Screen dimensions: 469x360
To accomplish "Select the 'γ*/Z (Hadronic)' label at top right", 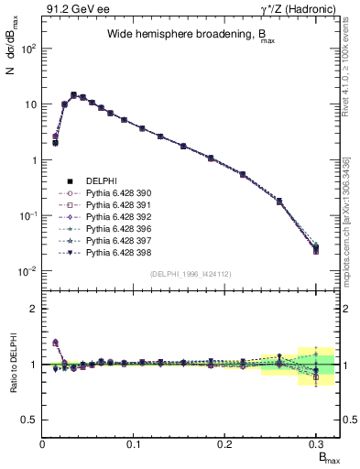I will tap(298, 8).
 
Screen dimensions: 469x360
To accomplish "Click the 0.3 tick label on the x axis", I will tap(316, 444).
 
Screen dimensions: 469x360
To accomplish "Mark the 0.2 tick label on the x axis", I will tap(225, 444).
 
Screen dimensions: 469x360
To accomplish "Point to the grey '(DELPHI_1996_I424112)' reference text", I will tap(190, 273).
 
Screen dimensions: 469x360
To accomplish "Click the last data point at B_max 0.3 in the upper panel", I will tap(316, 247).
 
